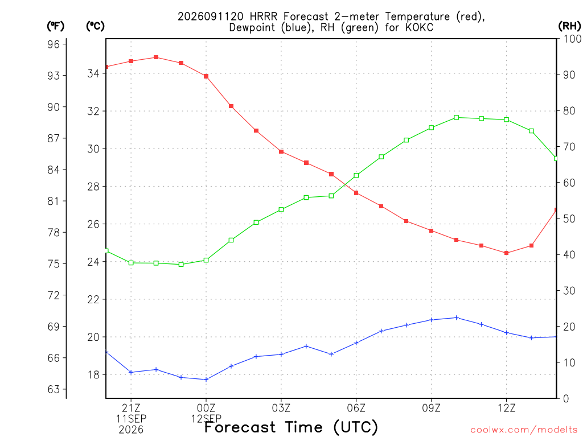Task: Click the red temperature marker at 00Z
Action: pos(206,76)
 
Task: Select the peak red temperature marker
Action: pos(156,57)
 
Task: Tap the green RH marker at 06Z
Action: pos(356,175)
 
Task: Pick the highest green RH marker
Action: pos(456,117)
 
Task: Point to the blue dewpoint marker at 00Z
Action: pos(206,380)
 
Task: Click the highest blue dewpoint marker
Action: pos(456,318)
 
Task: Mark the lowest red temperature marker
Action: pos(506,253)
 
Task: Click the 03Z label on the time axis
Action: pos(281,408)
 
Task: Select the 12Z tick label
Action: pos(506,408)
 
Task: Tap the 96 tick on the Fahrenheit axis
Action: pos(54,44)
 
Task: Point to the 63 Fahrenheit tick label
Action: pos(54,389)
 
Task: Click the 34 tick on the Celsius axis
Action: pos(93,73)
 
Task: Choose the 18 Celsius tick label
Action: pos(93,374)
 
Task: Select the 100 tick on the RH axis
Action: pos(573,39)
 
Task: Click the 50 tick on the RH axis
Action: pos(569,218)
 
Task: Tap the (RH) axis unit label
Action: pos(569,26)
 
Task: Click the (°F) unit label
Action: pos(55,26)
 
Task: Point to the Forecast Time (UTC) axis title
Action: pos(291,427)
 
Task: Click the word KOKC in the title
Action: pos(420,27)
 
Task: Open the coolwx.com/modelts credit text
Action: pos(524,430)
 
